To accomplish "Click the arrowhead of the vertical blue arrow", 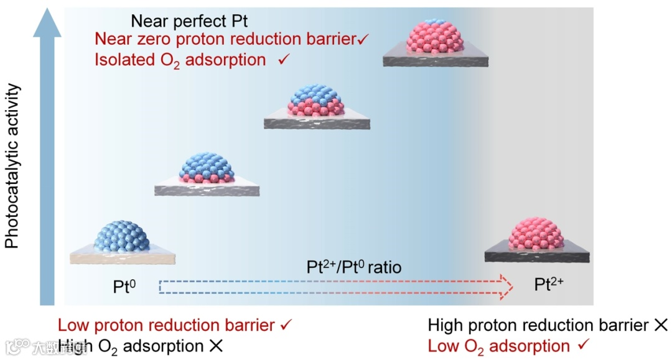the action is (47, 22).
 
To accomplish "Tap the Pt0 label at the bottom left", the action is (124, 287).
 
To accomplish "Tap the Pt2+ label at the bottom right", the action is (549, 285).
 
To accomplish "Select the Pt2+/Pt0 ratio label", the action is (354, 268).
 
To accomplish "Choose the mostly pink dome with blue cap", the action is (435, 39).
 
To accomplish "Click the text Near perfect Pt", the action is (189, 21).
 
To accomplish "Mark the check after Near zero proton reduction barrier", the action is (364, 39).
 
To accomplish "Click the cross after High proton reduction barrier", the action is (660, 325).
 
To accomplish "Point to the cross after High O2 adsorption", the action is (216, 346).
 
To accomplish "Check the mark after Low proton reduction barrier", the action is (286, 325).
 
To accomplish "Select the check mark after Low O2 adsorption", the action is (584, 346).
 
